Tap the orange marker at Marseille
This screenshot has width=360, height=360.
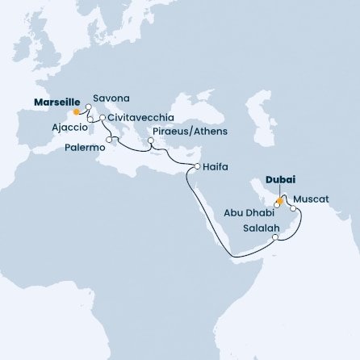coord(77,112)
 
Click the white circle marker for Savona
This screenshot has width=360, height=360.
coord(88,106)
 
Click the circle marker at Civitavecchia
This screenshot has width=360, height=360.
coord(103,119)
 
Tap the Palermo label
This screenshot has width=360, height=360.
coord(86,148)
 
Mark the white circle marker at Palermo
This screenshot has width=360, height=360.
coord(108,139)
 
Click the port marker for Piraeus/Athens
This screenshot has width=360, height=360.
coord(151,146)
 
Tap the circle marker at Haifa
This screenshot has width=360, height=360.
coord(197,167)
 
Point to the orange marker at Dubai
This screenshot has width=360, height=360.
coord(278,199)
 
